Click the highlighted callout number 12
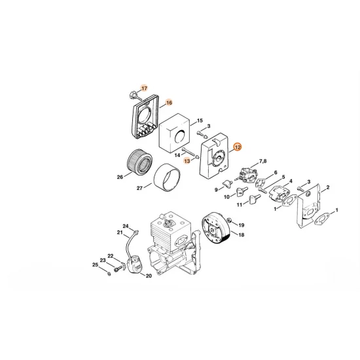(237, 147)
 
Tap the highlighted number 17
(144, 88)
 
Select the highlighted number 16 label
(169, 103)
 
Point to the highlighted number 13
(187, 161)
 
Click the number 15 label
(200, 120)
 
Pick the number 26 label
(120, 177)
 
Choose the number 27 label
(139, 189)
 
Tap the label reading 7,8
(262, 161)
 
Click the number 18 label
(242, 235)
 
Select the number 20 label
(149, 276)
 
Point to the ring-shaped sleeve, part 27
(167, 177)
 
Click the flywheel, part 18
(216, 227)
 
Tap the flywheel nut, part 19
(228, 221)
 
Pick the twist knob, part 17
(133, 95)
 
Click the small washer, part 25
(109, 274)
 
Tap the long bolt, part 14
(189, 153)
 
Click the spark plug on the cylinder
(170, 223)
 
